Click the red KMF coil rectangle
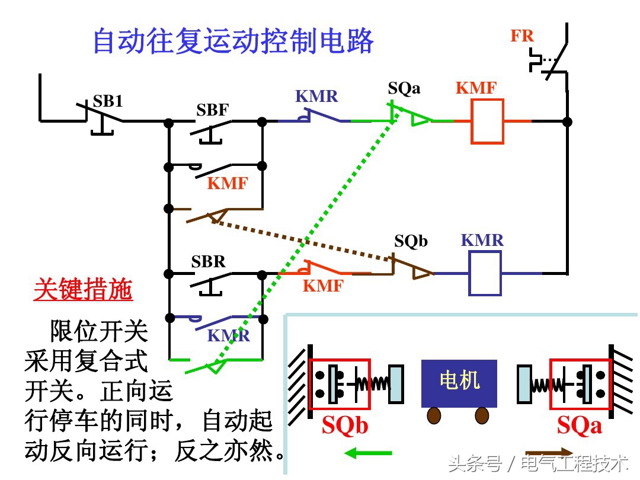(x=487, y=121)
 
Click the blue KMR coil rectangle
(x=485, y=273)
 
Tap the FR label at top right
(x=522, y=36)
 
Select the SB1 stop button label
(x=107, y=101)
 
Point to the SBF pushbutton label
(x=213, y=110)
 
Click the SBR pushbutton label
(x=209, y=262)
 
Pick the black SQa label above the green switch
(x=404, y=88)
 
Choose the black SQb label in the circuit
(x=411, y=241)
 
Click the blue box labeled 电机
(x=459, y=382)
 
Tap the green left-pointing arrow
(x=367, y=453)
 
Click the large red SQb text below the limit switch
(x=345, y=425)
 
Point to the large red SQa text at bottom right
(x=579, y=425)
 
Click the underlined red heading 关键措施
(x=83, y=290)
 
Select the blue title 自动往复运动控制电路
(x=233, y=41)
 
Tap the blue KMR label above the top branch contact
(x=316, y=96)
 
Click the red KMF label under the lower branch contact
(x=323, y=286)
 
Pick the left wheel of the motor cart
(x=434, y=415)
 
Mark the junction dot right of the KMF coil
(x=567, y=122)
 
